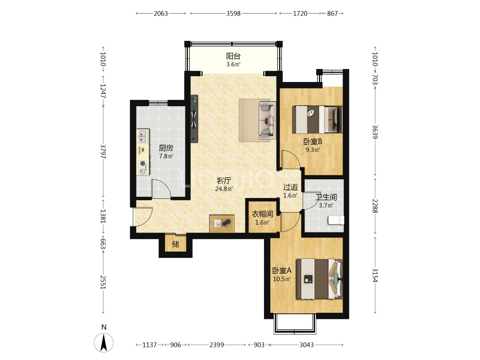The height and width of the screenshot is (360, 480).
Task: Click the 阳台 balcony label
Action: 233,56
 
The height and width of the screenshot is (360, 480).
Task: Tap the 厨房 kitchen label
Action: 166,148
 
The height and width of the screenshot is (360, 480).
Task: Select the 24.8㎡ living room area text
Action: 224,189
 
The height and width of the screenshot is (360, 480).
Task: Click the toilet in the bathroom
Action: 336,220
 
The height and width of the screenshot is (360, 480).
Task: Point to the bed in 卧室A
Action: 319,279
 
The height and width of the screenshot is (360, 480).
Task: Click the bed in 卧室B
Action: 317,120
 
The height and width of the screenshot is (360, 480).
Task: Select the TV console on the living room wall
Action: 194,119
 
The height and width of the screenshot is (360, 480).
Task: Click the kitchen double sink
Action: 143,136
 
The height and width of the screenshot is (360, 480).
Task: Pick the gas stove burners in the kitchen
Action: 143,167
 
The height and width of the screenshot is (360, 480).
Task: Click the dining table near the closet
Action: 222,223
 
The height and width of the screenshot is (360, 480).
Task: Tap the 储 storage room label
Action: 175,244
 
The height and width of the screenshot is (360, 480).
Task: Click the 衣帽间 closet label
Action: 262,214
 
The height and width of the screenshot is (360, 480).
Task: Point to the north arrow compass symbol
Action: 104,343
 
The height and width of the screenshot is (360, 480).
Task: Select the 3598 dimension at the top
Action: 233,14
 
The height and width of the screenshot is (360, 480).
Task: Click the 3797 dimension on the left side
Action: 103,151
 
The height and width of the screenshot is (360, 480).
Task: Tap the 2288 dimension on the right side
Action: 375,206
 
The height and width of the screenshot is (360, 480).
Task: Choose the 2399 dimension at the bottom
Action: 216,345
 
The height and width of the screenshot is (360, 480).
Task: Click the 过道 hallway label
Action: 290,187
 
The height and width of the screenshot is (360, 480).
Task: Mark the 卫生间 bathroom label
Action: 326,197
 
